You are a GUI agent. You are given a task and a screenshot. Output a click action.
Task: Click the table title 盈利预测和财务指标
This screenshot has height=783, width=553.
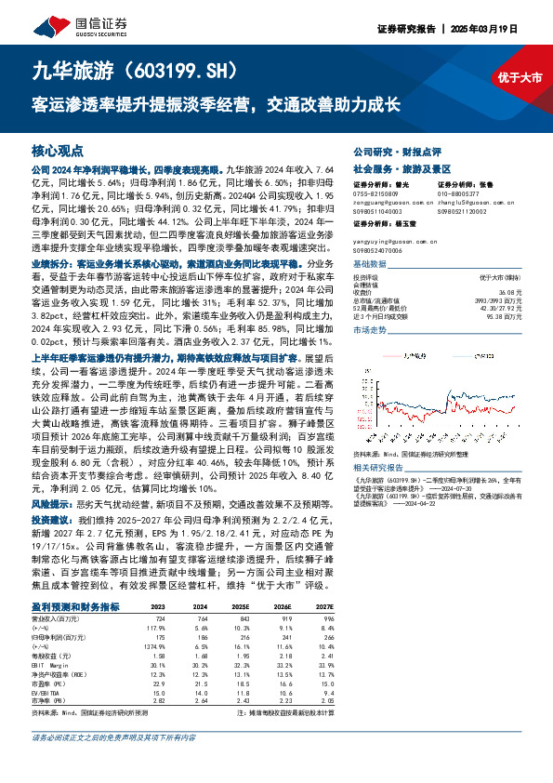point(75,605)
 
